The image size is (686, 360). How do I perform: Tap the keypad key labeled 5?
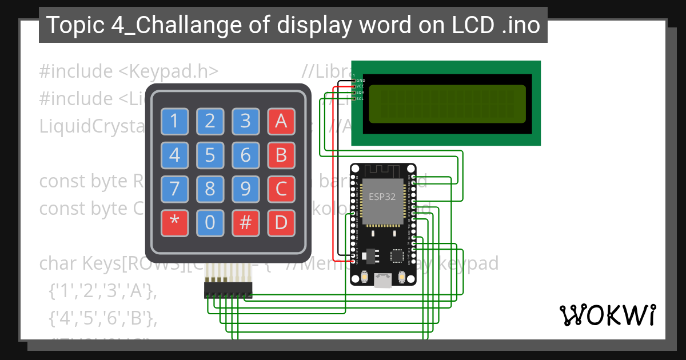[210, 155]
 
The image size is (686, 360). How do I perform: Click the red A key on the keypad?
[281, 121]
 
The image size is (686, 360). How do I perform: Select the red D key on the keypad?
[281, 223]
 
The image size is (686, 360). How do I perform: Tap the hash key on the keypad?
[245, 223]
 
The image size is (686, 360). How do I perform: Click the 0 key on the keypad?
[210, 223]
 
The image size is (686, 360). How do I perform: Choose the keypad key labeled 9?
[245, 189]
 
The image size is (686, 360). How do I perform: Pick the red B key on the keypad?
[281, 155]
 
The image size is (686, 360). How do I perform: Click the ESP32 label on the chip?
[381, 197]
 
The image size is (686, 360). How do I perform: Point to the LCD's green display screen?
[447, 104]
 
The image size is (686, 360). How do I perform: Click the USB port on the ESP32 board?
[382, 280]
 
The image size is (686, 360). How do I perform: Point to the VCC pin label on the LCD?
[360, 86]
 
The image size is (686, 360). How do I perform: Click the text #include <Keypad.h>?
[129, 71]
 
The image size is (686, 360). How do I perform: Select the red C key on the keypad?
[281, 189]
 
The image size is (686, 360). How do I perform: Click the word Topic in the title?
[70, 25]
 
